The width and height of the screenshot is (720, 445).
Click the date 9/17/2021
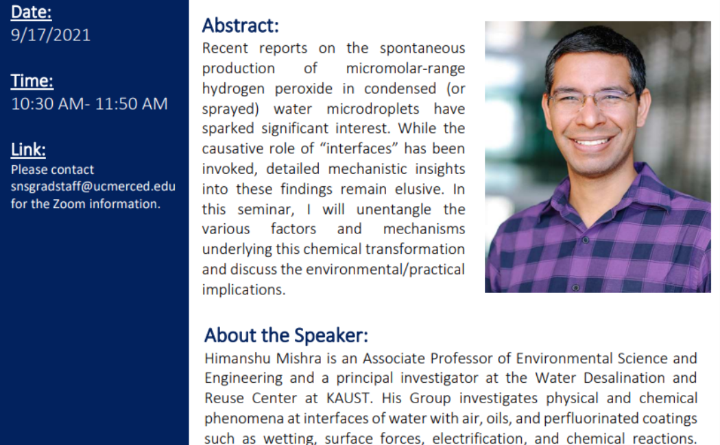coord(51,35)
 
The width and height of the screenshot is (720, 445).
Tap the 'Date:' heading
coord(32,12)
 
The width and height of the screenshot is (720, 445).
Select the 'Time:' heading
coord(32,81)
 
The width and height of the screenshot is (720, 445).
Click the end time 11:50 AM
coord(132,103)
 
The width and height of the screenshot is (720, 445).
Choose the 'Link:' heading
coord(29,149)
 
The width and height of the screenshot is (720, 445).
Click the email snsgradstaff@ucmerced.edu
coord(93,186)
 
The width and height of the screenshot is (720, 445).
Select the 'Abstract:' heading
coord(241,25)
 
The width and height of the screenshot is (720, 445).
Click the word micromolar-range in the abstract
coord(405,68)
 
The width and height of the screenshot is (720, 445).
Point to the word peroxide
coord(304,88)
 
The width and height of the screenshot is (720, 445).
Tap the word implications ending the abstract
coord(243,290)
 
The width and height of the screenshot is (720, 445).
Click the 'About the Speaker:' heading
coord(286,335)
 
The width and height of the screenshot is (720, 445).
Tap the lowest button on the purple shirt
coord(575,288)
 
